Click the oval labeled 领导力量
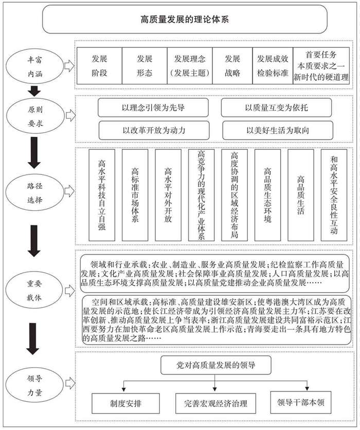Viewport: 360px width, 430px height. point(34,386)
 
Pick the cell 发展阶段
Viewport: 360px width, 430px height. point(99,66)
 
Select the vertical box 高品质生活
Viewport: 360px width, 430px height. point(300,195)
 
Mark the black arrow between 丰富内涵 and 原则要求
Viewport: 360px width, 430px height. point(34,91)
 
